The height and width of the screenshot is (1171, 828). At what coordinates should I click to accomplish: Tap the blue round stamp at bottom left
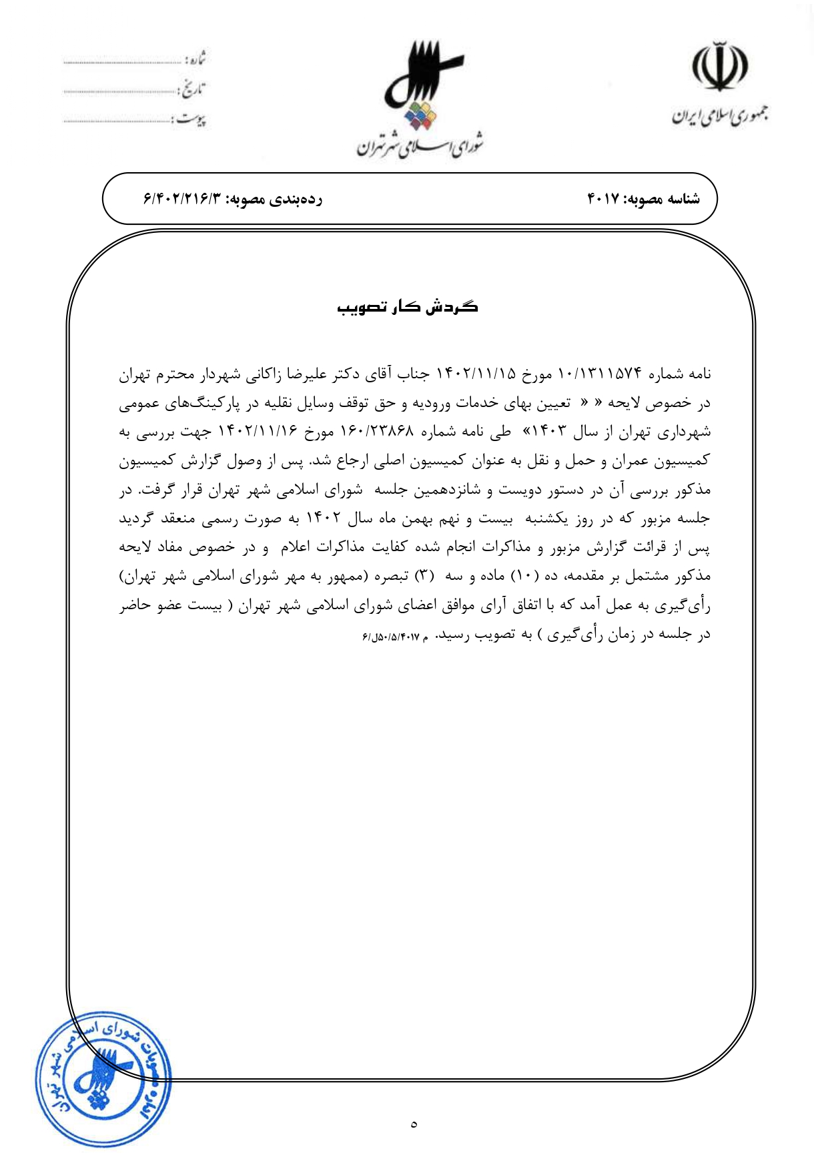tap(103, 1078)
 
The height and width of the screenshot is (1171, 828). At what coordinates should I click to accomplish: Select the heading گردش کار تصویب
tap(408, 307)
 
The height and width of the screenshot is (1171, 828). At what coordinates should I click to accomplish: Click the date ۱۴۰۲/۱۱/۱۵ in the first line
tap(476, 374)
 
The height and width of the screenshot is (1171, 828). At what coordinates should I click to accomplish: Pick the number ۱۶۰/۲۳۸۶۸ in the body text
tap(377, 432)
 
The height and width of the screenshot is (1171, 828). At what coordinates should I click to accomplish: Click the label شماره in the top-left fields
tap(194, 59)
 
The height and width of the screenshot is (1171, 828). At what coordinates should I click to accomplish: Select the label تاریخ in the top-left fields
tap(193, 89)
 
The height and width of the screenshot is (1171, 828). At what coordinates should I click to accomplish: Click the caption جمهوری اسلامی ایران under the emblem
tap(719, 116)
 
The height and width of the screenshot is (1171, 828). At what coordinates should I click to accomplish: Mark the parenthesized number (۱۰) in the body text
tap(521, 576)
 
